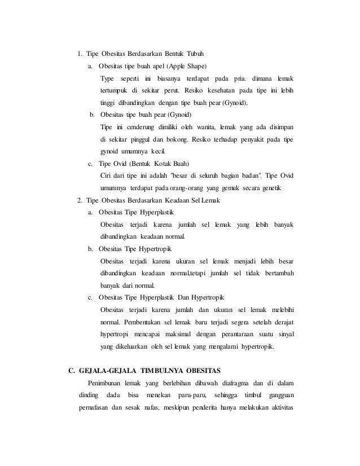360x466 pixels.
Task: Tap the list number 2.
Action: coord(80,201)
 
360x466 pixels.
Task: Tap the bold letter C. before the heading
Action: coord(71,371)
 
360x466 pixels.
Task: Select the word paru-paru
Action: coord(191,397)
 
